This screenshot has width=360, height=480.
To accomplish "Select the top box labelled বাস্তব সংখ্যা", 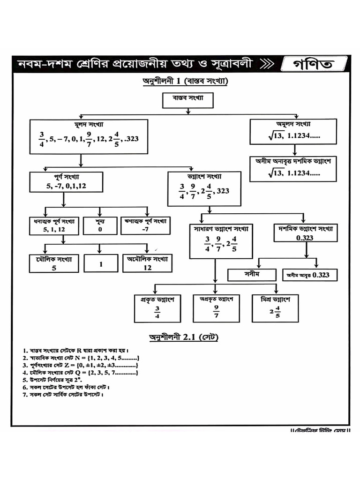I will pyautogui.click(x=187, y=100).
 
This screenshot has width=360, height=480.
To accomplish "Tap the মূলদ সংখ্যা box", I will pyautogui.click(x=89, y=136).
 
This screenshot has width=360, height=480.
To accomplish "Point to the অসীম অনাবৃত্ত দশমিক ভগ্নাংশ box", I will pyautogui.click(x=294, y=168).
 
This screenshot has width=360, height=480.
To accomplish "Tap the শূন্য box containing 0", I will pyautogui.click(x=100, y=225).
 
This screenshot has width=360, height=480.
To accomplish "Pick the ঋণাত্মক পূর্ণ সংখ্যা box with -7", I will pyautogui.click(x=145, y=225).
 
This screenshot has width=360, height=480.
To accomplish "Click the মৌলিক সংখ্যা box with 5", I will pyautogui.click(x=54, y=264).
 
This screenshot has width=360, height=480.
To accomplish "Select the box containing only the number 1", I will pyautogui.click(x=101, y=264).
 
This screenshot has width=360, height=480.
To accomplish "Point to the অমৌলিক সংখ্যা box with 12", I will pyautogui.click(x=148, y=264).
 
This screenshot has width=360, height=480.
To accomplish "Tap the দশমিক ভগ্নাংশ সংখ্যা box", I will pyautogui.click(x=305, y=233).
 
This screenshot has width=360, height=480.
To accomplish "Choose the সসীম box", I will pyautogui.click(x=252, y=275).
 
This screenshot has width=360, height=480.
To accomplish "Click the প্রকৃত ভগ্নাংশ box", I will pyautogui.click(x=157, y=308).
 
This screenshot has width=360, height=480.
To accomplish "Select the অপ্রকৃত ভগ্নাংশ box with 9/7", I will pyautogui.click(x=216, y=308).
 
